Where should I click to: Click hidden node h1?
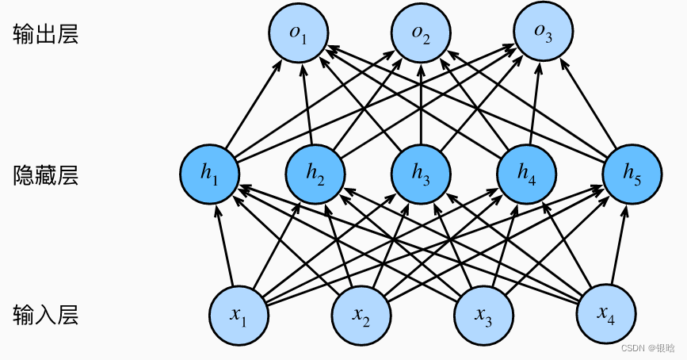[x=211, y=174]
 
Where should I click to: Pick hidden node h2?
[x=315, y=174]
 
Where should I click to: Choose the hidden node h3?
[x=422, y=174]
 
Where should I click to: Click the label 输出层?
[x=46, y=36]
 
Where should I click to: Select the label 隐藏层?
[x=46, y=174]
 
